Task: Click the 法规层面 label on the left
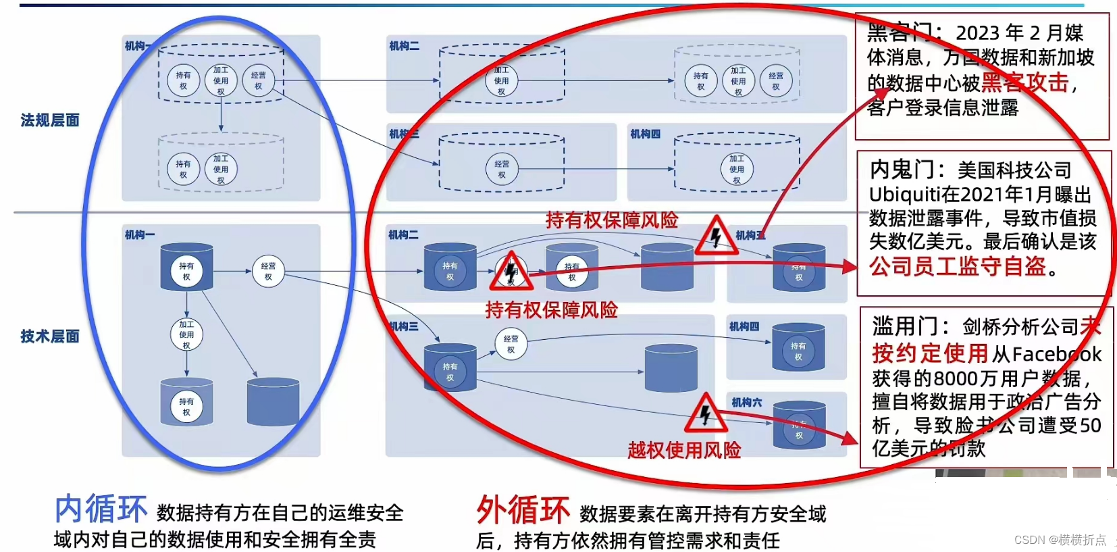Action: pos(50,120)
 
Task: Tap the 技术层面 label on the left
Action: pos(50,336)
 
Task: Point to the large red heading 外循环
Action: pos(523,510)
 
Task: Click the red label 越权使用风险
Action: pos(684,450)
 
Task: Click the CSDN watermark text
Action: pos(1060,540)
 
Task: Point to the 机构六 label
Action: pos(746,403)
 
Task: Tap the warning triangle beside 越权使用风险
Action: pos(706,413)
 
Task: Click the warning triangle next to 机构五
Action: pos(717,236)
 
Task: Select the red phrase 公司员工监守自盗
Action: pos(958,266)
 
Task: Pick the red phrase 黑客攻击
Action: pos(1025,82)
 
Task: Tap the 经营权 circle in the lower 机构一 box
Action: pos(268,271)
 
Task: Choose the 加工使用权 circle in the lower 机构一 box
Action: pos(186,334)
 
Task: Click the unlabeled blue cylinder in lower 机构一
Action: pos(273,402)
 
